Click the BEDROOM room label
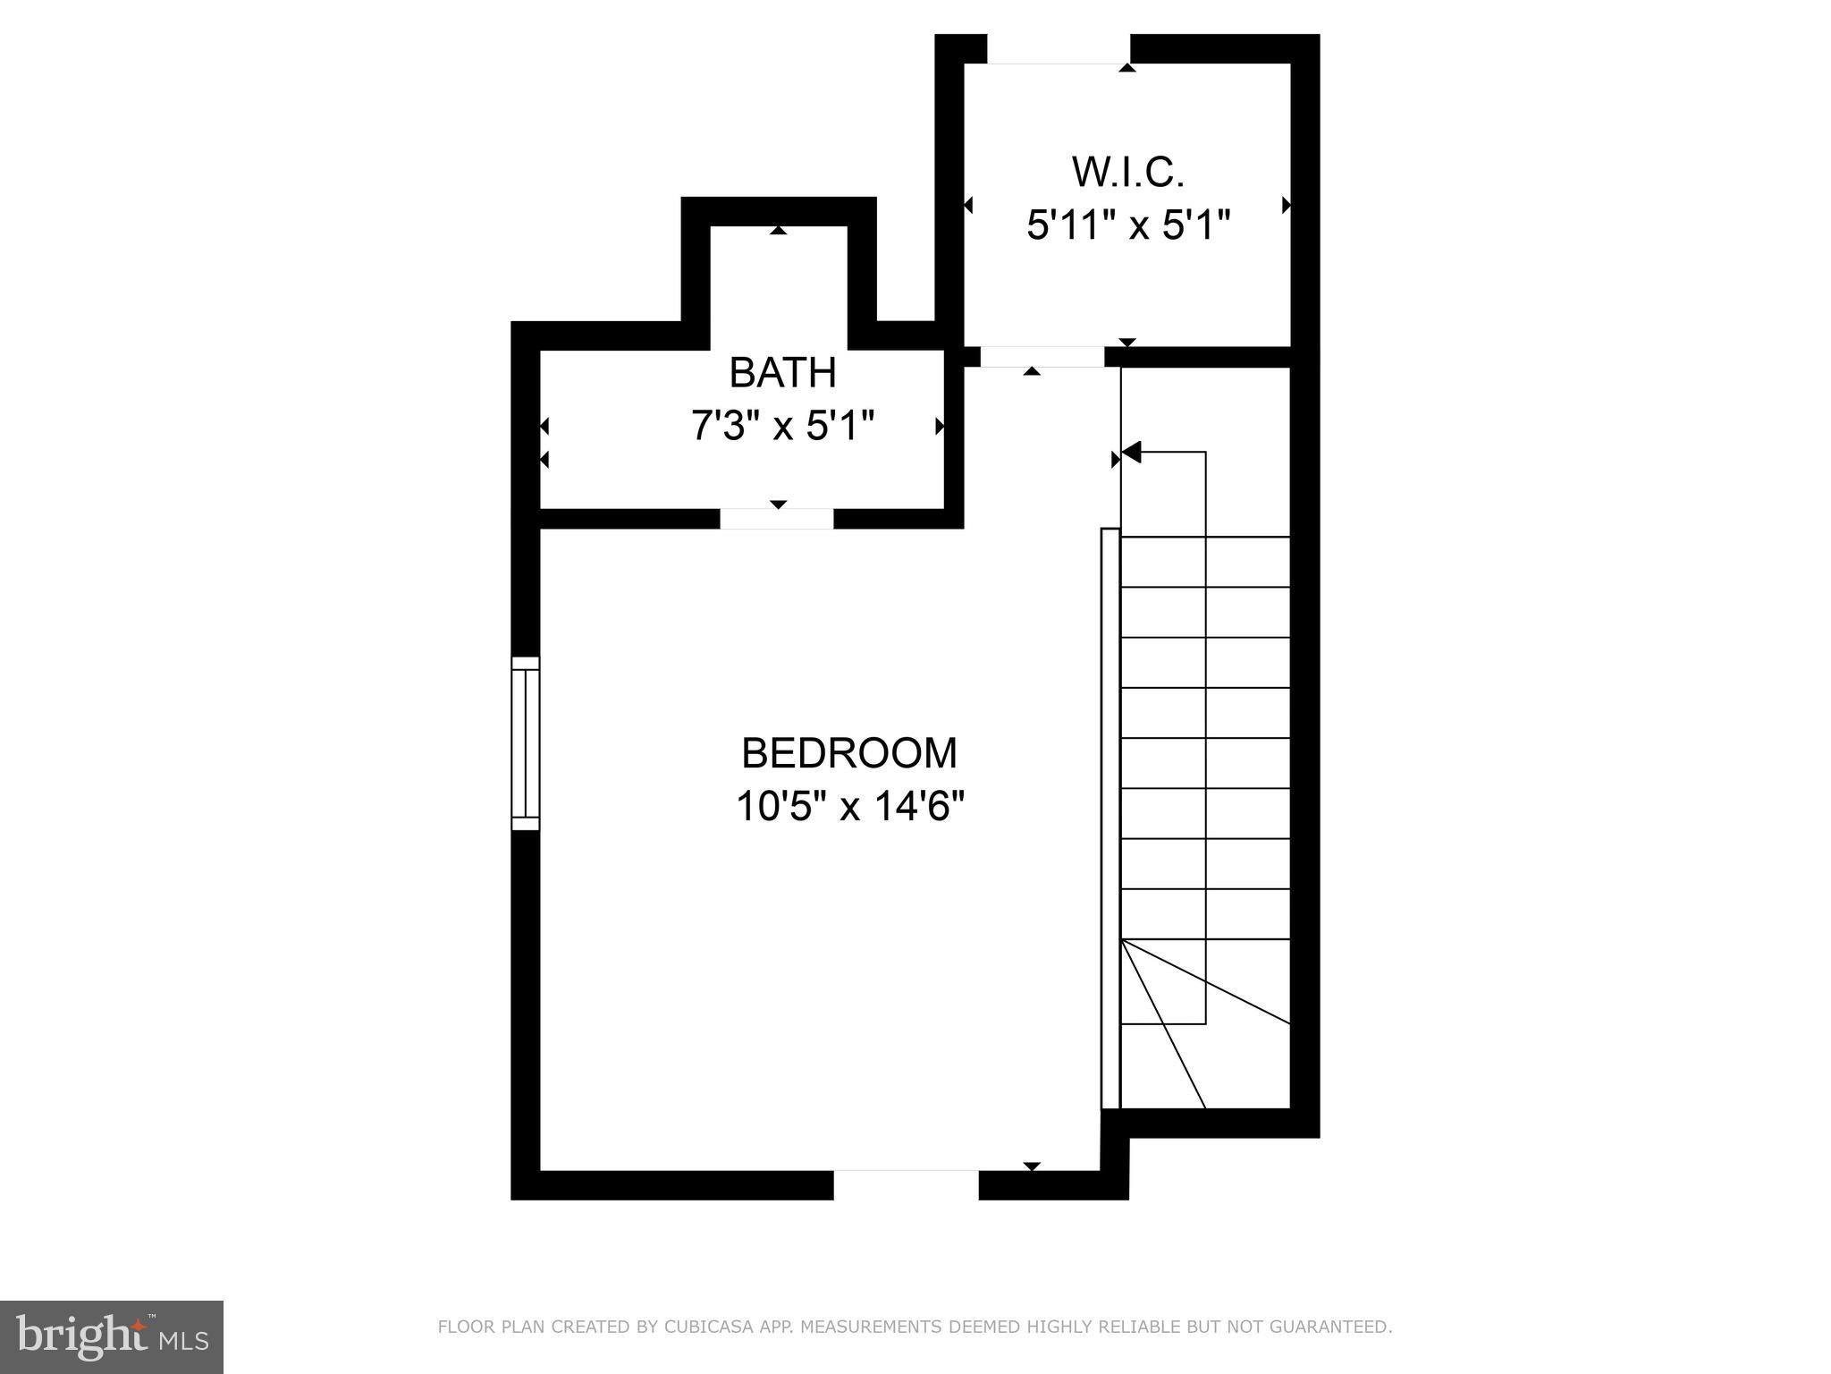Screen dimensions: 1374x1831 pos(848,753)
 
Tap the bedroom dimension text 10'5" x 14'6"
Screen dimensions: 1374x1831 pos(849,806)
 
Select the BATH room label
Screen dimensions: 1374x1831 pos(782,372)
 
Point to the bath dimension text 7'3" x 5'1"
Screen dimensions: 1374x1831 pos(782,426)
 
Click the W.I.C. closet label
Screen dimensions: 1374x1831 pos(1128,172)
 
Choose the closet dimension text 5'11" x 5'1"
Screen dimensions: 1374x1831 pos(1128,225)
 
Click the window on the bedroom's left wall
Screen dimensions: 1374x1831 pos(526,743)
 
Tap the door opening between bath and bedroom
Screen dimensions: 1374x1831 pos(777,519)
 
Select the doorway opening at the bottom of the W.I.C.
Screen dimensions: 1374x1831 pos(1042,356)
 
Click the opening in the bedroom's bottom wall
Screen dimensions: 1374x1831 pos(906,1184)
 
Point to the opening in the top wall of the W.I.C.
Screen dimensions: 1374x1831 pos(1059,49)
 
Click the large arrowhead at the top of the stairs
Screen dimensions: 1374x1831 pos(1132,453)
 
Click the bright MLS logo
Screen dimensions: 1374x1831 pos(112,1337)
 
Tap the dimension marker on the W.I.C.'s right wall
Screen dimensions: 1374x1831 pos(1287,205)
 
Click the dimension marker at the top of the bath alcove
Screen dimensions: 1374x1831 pos(779,230)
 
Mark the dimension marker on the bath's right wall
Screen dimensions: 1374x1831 pos(940,427)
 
